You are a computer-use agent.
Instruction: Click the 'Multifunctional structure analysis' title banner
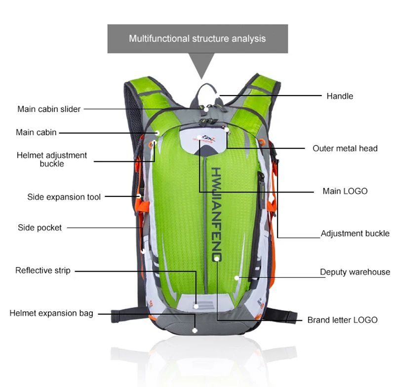pyautogui.click(x=197, y=38)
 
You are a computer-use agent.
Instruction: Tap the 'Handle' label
pyautogui.click(x=340, y=96)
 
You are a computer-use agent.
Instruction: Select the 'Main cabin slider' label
pyautogui.click(x=49, y=109)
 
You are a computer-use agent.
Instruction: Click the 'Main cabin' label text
pyautogui.click(x=36, y=133)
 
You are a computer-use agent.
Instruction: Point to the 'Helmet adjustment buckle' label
pyautogui.click(x=52, y=159)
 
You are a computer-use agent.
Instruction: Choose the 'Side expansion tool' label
pyautogui.click(x=64, y=197)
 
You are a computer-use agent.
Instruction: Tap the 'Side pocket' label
pyautogui.click(x=40, y=228)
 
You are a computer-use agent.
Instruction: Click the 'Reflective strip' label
pyautogui.click(x=43, y=271)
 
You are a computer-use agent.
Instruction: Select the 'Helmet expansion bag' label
pyautogui.click(x=51, y=313)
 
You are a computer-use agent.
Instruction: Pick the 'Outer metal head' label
pyautogui.click(x=345, y=148)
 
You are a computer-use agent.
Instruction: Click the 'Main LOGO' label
pyautogui.click(x=345, y=191)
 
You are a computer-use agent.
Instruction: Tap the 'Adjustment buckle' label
pyautogui.click(x=355, y=234)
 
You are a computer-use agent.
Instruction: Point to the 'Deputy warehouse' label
pyautogui.click(x=355, y=272)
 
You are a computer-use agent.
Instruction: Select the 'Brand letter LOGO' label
pyautogui.click(x=342, y=320)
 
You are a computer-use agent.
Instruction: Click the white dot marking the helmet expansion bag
pyautogui.click(x=196, y=330)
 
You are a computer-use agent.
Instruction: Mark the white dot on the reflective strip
pyautogui.click(x=196, y=306)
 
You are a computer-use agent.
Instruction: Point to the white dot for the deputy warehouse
pyautogui.click(x=237, y=278)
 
